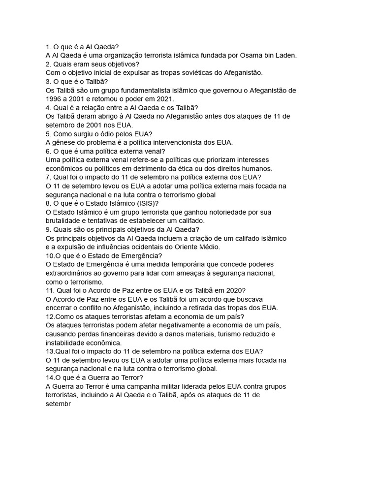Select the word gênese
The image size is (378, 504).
coord(66,143)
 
